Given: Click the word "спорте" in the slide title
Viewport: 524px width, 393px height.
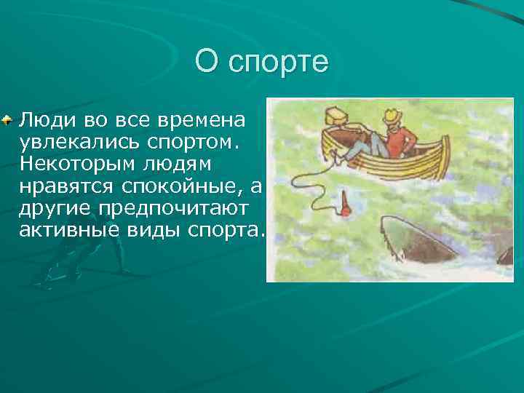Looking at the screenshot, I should (279, 63).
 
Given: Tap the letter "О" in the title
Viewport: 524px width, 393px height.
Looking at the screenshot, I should (207, 62).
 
